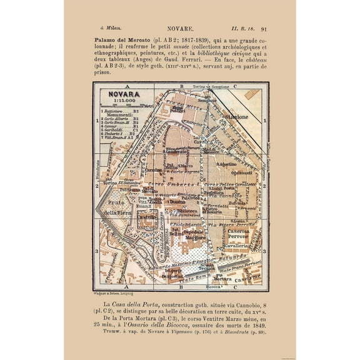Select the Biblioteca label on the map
tap(187, 211)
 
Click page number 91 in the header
tap(264, 28)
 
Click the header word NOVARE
tap(180, 28)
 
